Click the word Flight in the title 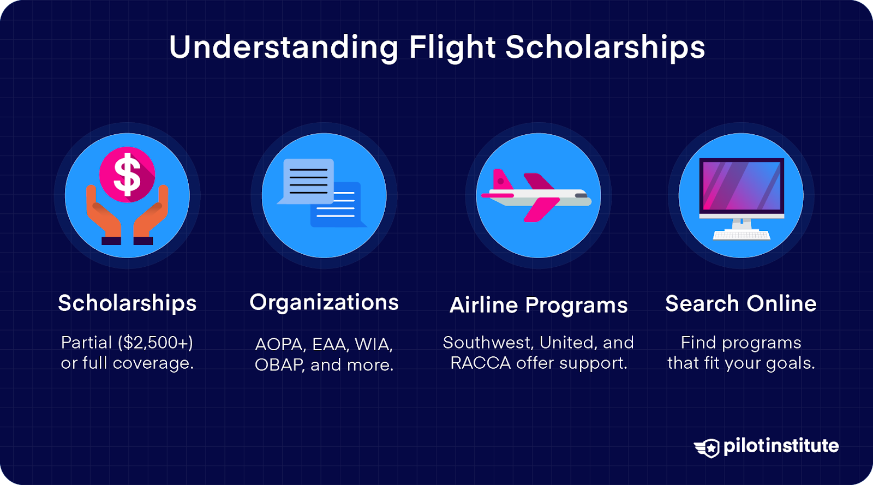coord(452,47)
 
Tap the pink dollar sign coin coord(127,175)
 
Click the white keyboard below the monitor coord(741,236)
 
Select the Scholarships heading coord(127,303)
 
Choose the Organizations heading coord(324,302)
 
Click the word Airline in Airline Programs coord(483,305)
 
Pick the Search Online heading coord(740,303)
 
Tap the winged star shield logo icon coord(708,448)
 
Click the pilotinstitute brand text coord(781,446)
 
